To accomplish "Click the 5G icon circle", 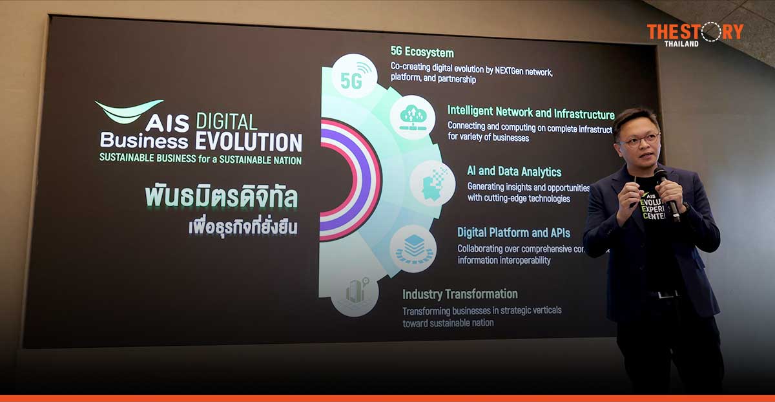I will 354,76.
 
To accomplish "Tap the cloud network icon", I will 413,117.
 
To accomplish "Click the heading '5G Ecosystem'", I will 422,52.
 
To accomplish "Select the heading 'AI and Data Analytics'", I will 514,171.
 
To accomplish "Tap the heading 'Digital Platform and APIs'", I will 513,232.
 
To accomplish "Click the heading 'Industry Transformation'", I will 460,294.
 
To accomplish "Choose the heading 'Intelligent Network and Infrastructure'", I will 531,111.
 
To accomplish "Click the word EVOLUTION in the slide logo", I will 249,142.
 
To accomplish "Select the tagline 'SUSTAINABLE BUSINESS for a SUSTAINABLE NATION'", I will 200,160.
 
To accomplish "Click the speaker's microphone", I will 665,191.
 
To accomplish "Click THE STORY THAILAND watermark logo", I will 695,34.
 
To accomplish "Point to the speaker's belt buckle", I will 665,294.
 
